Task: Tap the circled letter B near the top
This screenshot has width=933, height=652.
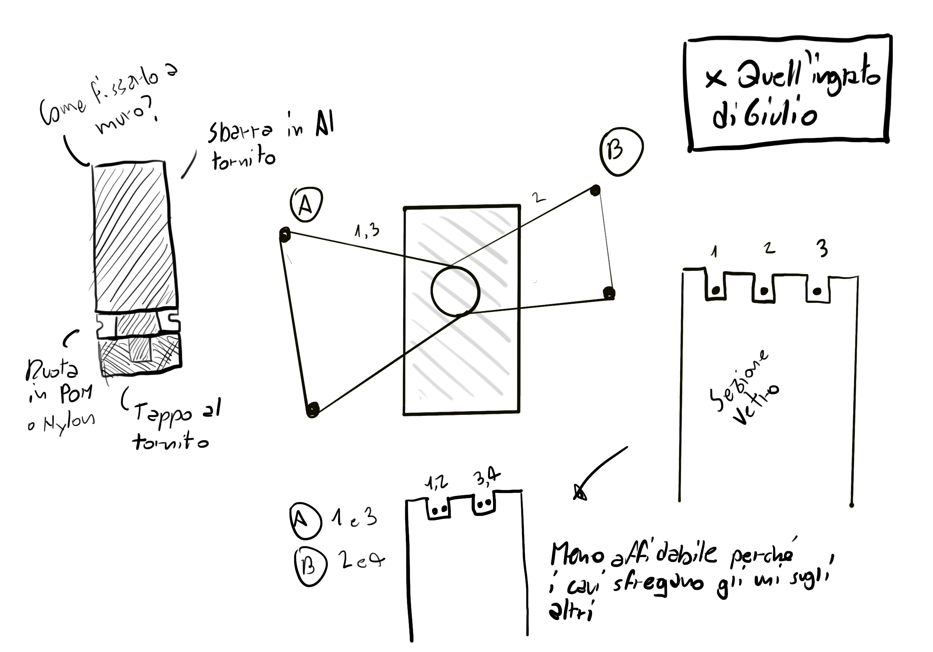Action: tap(621, 151)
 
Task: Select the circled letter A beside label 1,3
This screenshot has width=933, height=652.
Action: tap(306, 204)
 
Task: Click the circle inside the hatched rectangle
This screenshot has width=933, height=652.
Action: tap(455, 291)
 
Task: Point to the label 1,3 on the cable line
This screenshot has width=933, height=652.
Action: tap(367, 231)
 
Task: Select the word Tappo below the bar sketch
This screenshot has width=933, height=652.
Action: tap(163, 414)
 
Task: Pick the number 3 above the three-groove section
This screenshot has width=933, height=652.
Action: tap(822, 249)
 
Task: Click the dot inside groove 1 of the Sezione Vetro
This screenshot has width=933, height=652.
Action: tap(716, 290)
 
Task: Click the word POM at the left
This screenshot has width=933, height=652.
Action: tap(76, 393)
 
